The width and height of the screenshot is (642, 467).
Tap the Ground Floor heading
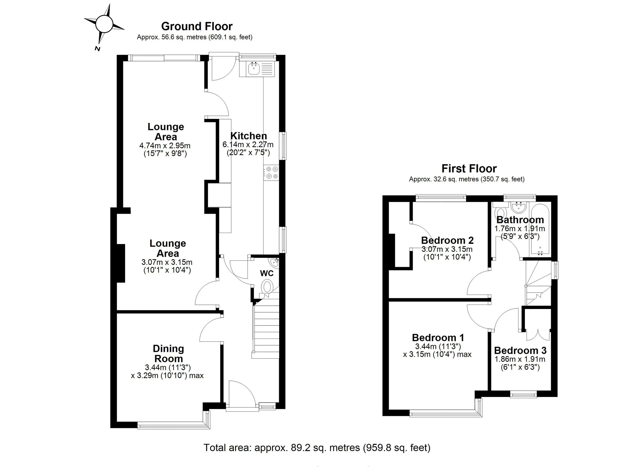point(197,26)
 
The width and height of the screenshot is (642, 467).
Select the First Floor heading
point(469,169)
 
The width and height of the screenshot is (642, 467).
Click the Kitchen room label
point(249,136)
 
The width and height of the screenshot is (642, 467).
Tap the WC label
point(267,273)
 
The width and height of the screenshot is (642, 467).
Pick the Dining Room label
point(168,354)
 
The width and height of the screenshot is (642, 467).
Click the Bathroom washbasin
point(518,208)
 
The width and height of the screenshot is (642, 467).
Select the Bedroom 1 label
point(438,338)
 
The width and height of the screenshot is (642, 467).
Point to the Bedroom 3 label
point(520,350)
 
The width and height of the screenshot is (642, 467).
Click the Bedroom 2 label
point(447,240)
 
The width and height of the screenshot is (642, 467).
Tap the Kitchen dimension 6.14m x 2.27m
point(248,145)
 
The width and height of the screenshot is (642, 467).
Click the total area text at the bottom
point(317,447)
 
